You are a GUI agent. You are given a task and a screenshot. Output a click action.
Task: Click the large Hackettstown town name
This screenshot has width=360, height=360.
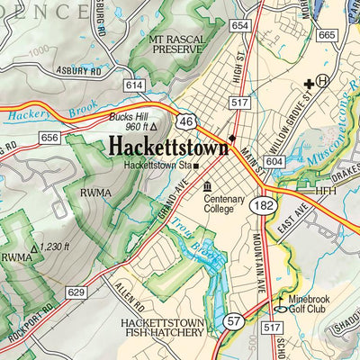tap(167, 145)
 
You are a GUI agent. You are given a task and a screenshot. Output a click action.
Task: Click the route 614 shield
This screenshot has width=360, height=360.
tap(135, 85)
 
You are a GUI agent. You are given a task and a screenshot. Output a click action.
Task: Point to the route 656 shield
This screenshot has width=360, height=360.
tap(49, 137)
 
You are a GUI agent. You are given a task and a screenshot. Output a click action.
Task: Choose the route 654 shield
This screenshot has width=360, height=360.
tap(239, 26)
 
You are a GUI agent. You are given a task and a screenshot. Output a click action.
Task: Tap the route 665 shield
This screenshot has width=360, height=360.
tap(327, 35)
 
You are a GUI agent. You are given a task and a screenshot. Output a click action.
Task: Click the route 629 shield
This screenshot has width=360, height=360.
tap(77, 292)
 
